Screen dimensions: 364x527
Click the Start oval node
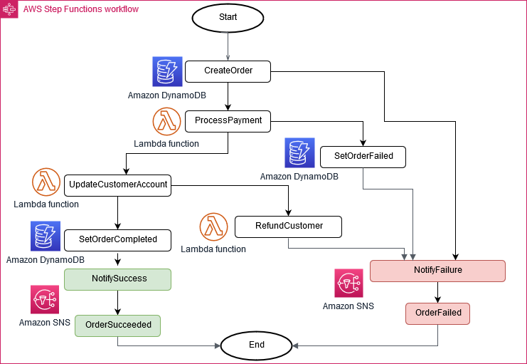228,17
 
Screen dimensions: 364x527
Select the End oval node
257,345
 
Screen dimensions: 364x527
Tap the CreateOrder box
228,71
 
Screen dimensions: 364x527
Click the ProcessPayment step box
228,121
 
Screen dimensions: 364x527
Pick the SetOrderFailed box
363,156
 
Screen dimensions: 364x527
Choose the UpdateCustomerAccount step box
118,185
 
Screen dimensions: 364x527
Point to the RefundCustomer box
288,227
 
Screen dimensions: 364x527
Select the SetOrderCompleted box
118,240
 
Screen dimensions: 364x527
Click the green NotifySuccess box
118,279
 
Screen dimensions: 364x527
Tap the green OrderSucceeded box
118,325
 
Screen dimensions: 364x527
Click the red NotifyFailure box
437,271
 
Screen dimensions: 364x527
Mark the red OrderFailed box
437,313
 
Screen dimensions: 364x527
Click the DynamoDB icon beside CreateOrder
168,71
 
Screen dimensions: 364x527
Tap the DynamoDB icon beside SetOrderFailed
299,153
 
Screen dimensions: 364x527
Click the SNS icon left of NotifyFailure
349,283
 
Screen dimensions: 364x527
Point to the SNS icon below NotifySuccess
45,300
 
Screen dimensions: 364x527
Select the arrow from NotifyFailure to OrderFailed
437,292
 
